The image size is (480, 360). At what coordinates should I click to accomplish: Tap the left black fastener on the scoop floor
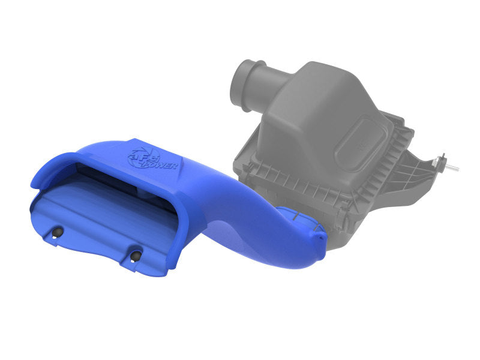[58, 233]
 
